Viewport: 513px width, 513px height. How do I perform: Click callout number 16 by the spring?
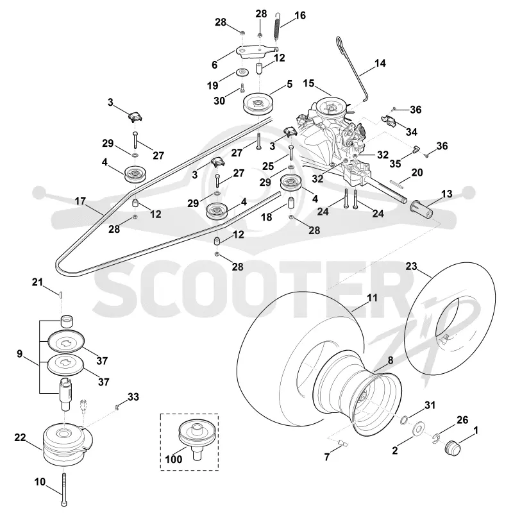tap(300, 15)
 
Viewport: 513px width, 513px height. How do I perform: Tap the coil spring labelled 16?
tap(277, 26)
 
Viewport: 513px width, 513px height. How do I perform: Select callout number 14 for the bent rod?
tap(380, 63)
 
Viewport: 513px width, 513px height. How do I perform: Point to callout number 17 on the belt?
tap(80, 201)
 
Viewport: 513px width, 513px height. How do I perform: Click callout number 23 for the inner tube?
tap(411, 266)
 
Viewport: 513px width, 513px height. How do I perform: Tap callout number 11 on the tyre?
tap(373, 298)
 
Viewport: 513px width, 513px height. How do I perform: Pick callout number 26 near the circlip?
tap(462, 420)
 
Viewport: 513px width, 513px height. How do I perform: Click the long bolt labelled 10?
tap(63, 490)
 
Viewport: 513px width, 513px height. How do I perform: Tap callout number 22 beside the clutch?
tap(20, 437)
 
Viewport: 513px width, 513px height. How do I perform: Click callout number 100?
tap(173, 459)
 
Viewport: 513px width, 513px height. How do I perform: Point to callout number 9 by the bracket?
tap(20, 354)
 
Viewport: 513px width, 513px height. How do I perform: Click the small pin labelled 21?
tap(61, 294)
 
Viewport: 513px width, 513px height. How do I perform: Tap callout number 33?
tap(133, 397)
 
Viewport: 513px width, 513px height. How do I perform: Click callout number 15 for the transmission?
tap(308, 83)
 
